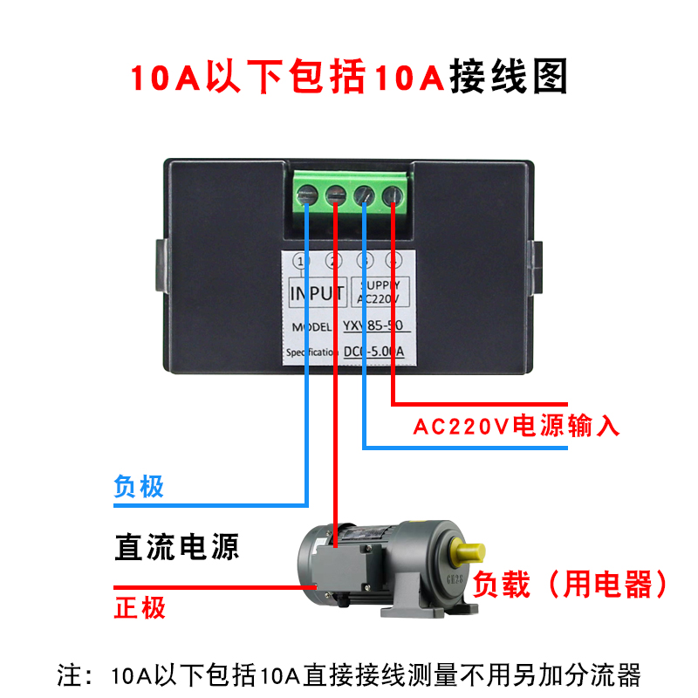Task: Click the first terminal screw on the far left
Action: (308, 196)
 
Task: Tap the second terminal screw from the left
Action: (336, 196)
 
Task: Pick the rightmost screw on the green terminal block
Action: (393, 196)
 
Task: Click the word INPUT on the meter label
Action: (317, 293)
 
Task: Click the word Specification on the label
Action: (311, 352)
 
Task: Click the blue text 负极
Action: (139, 486)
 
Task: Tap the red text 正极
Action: (140, 606)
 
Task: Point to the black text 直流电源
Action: (176, 547)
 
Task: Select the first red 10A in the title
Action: (166, 78)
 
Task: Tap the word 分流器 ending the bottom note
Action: (615, 674)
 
